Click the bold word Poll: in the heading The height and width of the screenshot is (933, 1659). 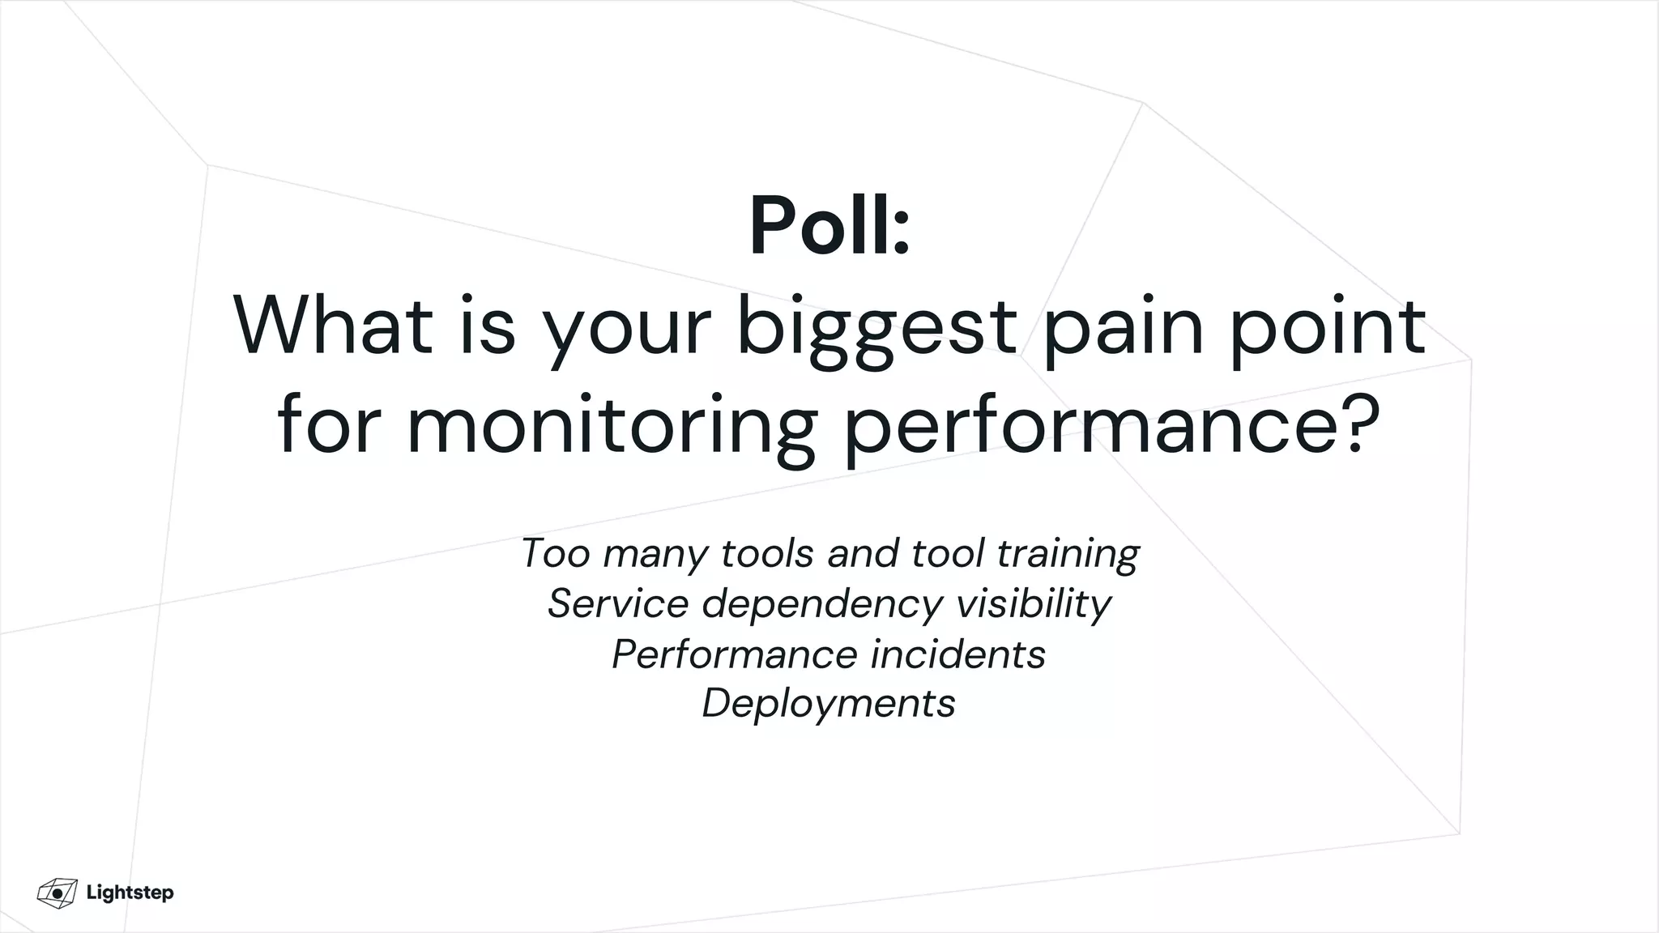829,226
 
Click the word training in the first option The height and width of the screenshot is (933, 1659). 1068,555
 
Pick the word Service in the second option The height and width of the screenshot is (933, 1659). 618,603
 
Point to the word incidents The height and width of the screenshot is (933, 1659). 958,654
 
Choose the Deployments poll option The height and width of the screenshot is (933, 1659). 829,703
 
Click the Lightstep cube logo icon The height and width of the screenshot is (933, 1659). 57,893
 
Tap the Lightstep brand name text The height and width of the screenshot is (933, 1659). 130,893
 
